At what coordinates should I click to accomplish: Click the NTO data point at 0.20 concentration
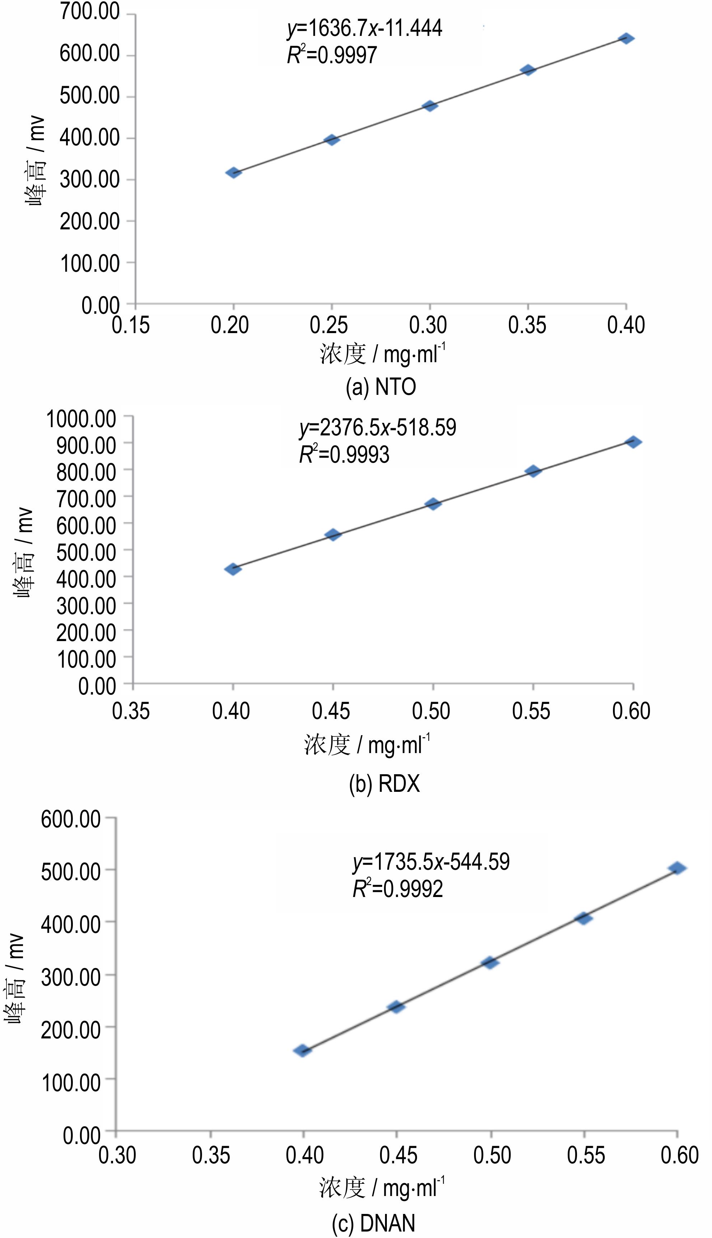click(x=233, y=172)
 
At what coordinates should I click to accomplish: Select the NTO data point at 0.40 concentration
click(x=627, y=38)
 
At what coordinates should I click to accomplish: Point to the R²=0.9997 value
click(x=332, y=55)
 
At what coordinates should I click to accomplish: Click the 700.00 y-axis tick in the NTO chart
click(x=89, y=12)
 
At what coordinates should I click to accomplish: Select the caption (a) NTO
click(x=380, y=387)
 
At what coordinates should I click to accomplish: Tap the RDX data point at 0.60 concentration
click(x=633, y=442)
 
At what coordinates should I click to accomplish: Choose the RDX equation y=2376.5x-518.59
click(x=378, y=428)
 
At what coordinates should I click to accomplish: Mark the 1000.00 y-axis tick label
click(x=81, y=419)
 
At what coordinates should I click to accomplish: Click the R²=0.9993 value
click(x=344, y=454)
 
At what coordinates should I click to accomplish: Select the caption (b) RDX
click(x=384, y=784)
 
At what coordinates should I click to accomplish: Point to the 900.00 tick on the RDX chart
click(x=86, y=445)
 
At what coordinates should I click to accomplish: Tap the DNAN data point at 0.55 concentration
click(x=584, y=918)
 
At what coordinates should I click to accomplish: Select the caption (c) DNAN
click(x=374, y=1223)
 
